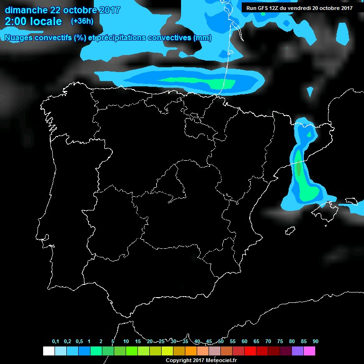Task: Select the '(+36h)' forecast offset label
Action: coord(82,21)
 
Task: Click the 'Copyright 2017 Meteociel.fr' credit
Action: coord(201,360)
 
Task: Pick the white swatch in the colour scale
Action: coord(48,351)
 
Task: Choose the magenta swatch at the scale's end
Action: coord(309,351)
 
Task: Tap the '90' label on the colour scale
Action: coord(315,342)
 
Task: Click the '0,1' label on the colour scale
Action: coord(55,342)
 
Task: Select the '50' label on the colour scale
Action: coord(221,342)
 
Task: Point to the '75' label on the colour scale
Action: coord(280,342)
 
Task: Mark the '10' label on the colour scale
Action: coord(126,342)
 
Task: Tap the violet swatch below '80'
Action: coord(298,351)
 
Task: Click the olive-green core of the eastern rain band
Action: coord(298,168)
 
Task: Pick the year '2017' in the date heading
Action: coord(108,10)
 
